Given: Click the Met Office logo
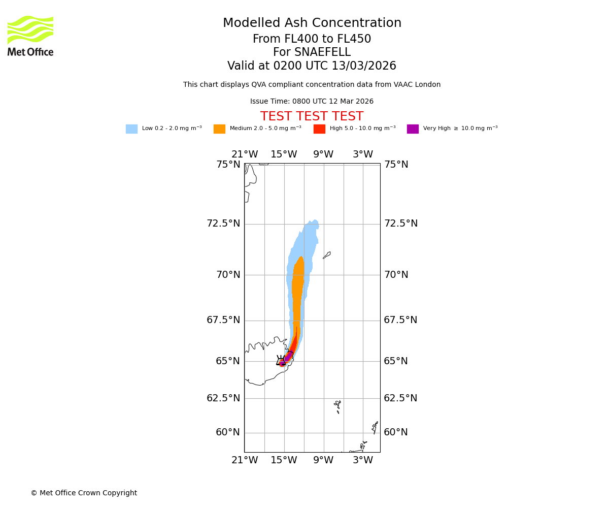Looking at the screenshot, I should point(30,36).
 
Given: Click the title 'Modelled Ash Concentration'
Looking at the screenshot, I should point(312,23).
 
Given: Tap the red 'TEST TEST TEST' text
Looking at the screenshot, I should point(312,117).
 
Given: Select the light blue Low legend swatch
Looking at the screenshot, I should point(131,129).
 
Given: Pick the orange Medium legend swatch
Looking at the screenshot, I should point(219,129).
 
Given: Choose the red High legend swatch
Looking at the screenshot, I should point(319,129).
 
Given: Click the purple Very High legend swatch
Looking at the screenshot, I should point(413,129).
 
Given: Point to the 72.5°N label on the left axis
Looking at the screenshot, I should point(223,224).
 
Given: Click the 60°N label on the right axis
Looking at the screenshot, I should point(396,432).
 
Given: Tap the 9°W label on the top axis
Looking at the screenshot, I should point(323,154).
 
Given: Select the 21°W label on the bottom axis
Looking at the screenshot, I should point(245,460).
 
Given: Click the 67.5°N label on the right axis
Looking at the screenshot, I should point(400,320).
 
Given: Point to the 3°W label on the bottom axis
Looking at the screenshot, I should point(363,460).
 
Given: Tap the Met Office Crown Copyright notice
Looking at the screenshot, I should point(84,493).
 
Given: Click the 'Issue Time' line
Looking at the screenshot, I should point(312,102).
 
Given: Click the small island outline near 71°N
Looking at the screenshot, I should point(327,255).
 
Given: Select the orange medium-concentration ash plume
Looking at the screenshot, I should point(297,295).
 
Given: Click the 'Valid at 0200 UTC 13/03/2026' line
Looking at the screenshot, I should point(312,66).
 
